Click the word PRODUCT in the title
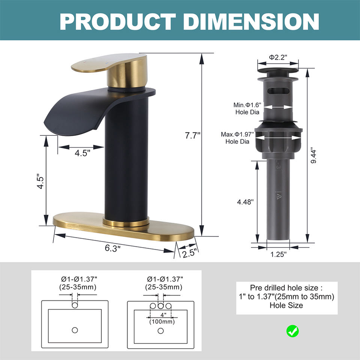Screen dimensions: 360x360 (117, 21)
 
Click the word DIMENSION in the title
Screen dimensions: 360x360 (251, 21)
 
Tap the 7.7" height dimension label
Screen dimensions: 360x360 (193, 135)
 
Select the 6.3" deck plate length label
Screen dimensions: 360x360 (112, 248)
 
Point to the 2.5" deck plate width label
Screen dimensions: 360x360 (190, 253)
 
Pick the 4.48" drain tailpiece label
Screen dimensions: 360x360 (245, 202)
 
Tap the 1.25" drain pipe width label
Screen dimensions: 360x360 (278, 254)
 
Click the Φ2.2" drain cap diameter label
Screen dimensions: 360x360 (278, 57)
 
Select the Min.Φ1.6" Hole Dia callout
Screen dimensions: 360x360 (247, 108)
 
